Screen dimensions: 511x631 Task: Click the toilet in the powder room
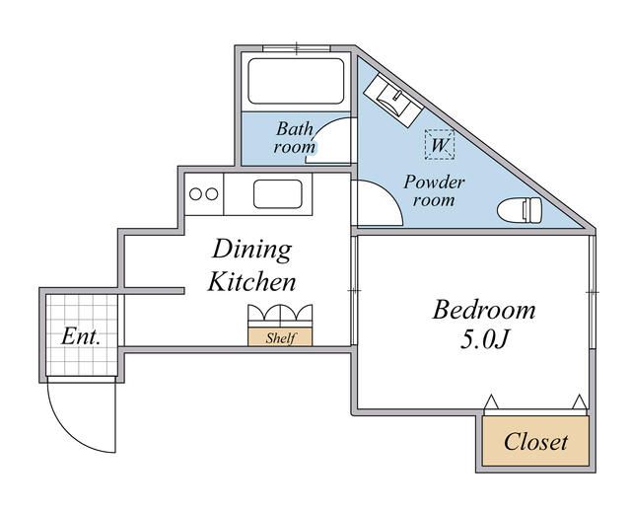[521, 210]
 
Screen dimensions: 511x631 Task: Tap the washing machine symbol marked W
[440, 145]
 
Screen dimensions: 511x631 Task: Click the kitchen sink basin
[282, 193]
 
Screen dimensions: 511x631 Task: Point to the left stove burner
[196, 193]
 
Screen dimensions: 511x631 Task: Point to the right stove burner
[212, 193]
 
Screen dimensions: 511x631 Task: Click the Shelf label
[280, 337]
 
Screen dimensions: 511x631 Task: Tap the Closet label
[535, 441]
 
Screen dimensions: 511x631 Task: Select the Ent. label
[81, 336]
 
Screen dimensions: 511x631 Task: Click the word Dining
[252, 249]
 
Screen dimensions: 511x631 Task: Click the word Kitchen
[251, 282]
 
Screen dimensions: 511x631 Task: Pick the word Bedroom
[484, 311]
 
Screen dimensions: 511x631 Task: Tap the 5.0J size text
[484, 341]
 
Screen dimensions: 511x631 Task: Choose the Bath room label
[295, 137]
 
